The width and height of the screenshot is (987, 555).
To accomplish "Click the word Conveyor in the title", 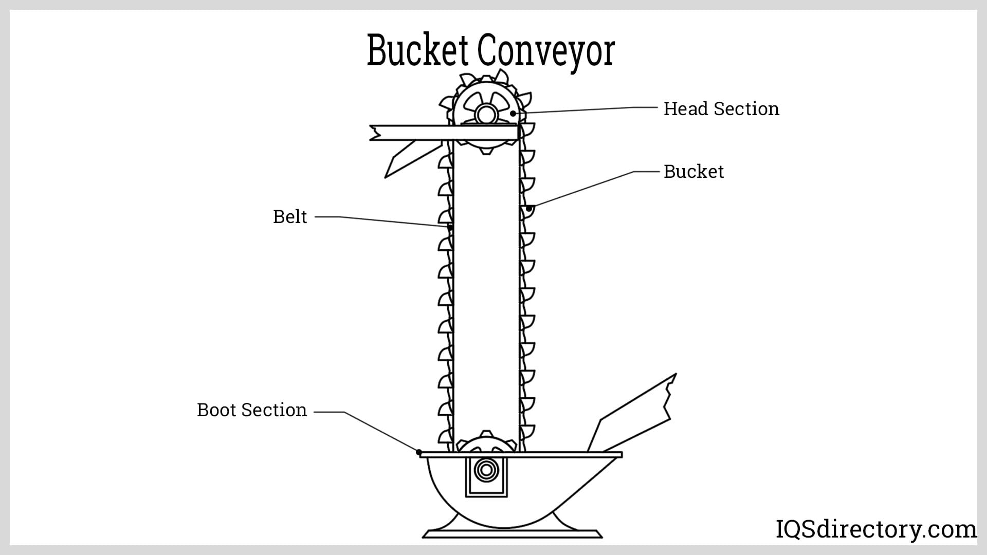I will tap(545, 51).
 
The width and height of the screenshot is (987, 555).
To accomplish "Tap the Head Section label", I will tap(721, 109).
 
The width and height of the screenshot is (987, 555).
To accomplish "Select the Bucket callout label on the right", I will tap(693, 172).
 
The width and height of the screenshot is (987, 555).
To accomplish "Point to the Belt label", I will tap(290, 217).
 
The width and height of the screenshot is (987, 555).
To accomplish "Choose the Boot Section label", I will tap(252, 410).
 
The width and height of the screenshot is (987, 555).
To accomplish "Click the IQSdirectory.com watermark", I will tap(875, 530).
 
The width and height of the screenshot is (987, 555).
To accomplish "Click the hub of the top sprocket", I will tap(484, 114).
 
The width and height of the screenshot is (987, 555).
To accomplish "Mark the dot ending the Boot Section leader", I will tap(419, 452).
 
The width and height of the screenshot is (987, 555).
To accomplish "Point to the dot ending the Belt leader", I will tap(450, 227).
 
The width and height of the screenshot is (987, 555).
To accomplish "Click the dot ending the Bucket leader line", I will tap(528, 209).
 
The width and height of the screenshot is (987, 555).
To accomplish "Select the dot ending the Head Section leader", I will tap(513, 113).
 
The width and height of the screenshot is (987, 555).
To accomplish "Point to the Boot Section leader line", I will tap(380, 431).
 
